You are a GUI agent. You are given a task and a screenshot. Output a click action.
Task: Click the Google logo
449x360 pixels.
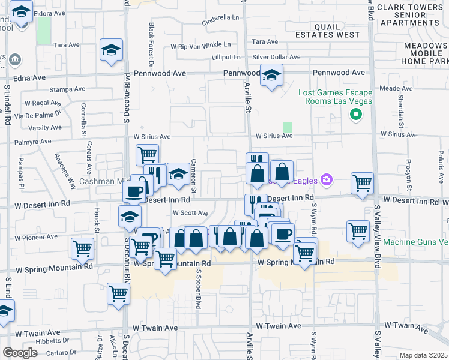click(20, 353)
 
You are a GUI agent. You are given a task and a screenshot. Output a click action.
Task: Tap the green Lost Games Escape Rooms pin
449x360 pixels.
click(355, 115)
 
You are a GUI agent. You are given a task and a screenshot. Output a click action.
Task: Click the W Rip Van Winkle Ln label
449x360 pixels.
click(200, 45)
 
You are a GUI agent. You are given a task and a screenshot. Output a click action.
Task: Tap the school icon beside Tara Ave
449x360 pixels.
click(111, 50)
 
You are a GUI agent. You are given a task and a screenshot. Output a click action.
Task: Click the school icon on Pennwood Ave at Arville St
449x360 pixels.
click(272, 76)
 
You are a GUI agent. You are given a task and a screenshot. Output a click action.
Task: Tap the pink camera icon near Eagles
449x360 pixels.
click(327, 179)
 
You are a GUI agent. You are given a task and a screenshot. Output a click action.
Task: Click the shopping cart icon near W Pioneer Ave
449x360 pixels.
click(82, 248)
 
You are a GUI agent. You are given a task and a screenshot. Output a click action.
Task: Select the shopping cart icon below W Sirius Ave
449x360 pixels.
click(147, 155)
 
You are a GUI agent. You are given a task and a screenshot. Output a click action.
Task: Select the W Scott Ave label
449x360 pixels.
click(190, 213)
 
